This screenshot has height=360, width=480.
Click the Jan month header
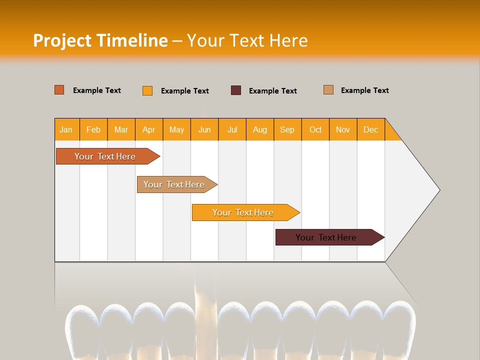(66, 129)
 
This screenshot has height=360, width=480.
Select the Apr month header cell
(149, 129)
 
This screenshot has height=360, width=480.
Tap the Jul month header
(232, 129)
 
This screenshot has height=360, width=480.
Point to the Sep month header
(287, 129)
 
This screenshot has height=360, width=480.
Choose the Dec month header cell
(371, 129)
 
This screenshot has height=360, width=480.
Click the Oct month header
(315, 129)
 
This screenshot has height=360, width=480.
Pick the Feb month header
(93, 129)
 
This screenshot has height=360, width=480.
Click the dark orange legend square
(59, 90)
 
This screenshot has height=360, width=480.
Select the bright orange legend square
(147, 90)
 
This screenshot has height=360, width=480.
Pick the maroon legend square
(236, 90)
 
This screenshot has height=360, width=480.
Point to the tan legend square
(328, 90)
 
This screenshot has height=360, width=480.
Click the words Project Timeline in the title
(100, 40)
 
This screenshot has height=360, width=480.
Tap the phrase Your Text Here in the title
(247, 40)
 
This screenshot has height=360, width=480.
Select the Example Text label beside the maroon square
(272, 91)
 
